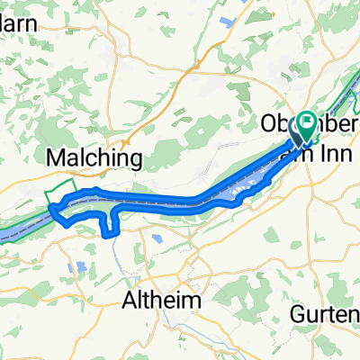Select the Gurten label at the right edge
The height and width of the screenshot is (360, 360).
[x=326, y=313]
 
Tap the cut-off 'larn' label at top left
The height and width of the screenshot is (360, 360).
[x=18, y=24]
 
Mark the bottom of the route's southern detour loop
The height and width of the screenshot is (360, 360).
[x=112, y=234]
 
